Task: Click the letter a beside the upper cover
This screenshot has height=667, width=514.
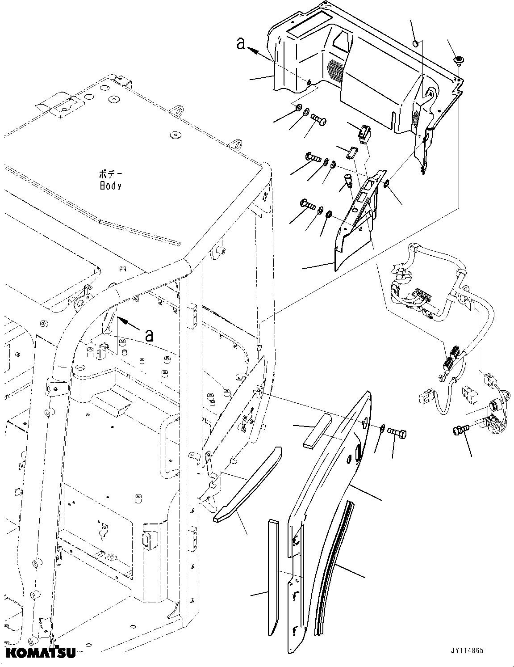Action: [241, 44]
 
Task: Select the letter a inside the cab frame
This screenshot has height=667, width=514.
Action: [150, 334]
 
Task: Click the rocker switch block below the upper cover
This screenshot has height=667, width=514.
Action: [364, 133]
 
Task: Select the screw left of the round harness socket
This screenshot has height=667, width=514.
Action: [459, 430]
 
